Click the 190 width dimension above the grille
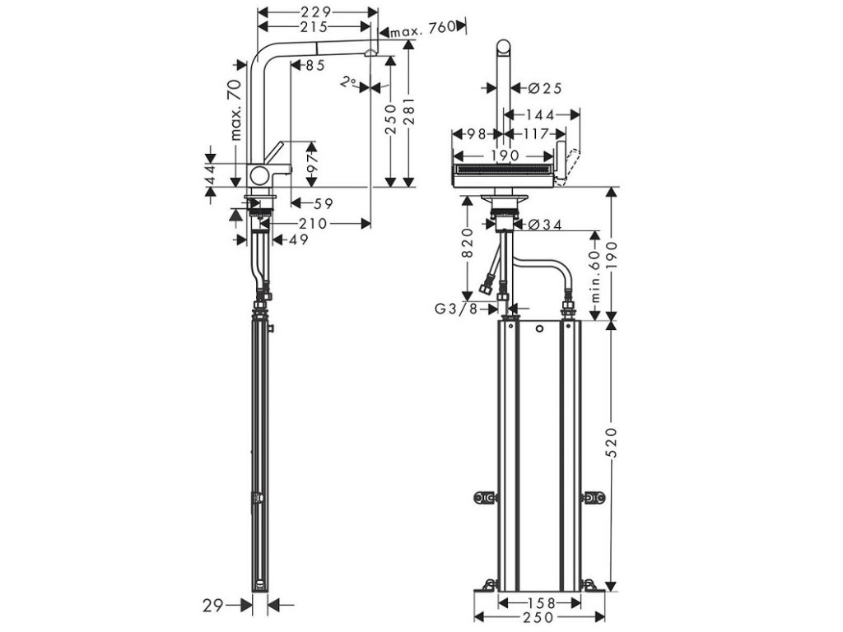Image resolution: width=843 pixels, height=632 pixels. pos(504,156)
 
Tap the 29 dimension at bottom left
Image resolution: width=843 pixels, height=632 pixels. pos(213,605)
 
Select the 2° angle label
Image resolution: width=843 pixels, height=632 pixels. pos(349,82)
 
